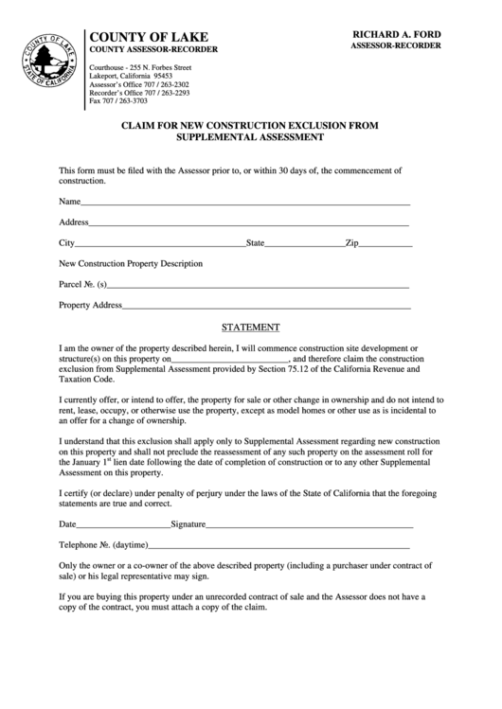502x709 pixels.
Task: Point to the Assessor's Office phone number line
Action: coord(138,84)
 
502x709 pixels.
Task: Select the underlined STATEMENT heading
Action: coord(250,328)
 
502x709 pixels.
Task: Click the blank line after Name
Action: coord(245,204)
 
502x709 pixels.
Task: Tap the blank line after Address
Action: coord(249,224)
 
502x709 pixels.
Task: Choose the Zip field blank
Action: coord(385,245)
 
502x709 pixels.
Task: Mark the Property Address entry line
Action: coord(267,307)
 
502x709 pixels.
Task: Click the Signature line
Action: coord(310,525)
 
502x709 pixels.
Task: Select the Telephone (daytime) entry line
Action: coord(279,548)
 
